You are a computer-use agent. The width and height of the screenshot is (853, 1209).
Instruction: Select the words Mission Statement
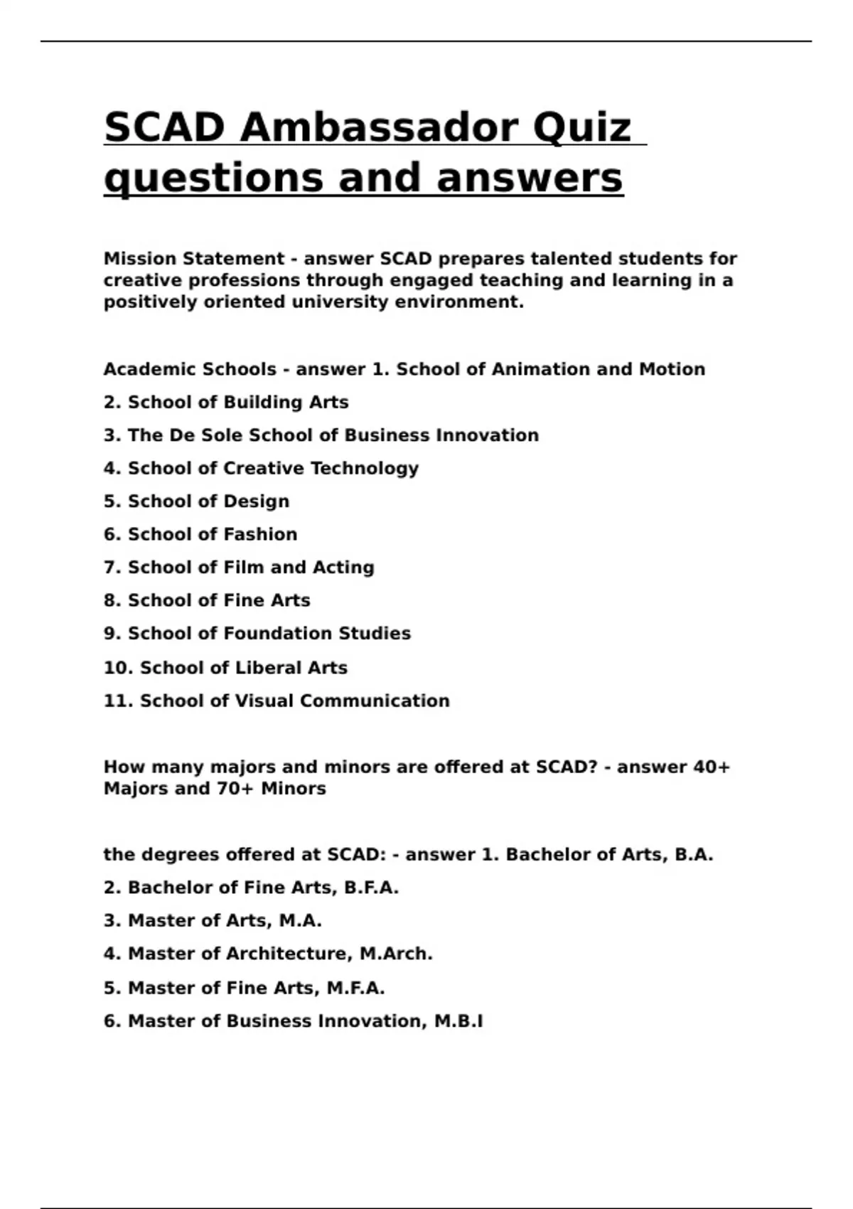(194, 259)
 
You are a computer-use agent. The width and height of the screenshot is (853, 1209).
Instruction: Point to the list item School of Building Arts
(226, 403)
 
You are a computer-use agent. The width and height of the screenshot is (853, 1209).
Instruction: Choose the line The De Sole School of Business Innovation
(321, 435)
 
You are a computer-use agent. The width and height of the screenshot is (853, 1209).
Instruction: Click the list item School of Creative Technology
(261, 469)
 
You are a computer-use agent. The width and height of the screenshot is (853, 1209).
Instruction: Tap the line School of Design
(196, 501)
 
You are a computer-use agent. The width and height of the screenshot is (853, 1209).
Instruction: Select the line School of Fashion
(200, 534)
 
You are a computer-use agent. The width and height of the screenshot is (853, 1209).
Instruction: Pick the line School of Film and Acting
(239, 568)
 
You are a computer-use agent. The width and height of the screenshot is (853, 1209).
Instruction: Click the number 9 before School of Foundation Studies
(109, 634)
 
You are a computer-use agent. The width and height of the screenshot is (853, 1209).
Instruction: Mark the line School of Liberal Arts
(225, 668)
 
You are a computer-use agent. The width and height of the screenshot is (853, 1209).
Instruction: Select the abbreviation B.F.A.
(371, 888)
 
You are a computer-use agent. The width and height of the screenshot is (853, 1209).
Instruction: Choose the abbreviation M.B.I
(458, 1021)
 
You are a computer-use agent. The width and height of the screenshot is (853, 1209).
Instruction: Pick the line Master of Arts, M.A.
(213, 921)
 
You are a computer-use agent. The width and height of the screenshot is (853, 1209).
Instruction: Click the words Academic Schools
(190, 370)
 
